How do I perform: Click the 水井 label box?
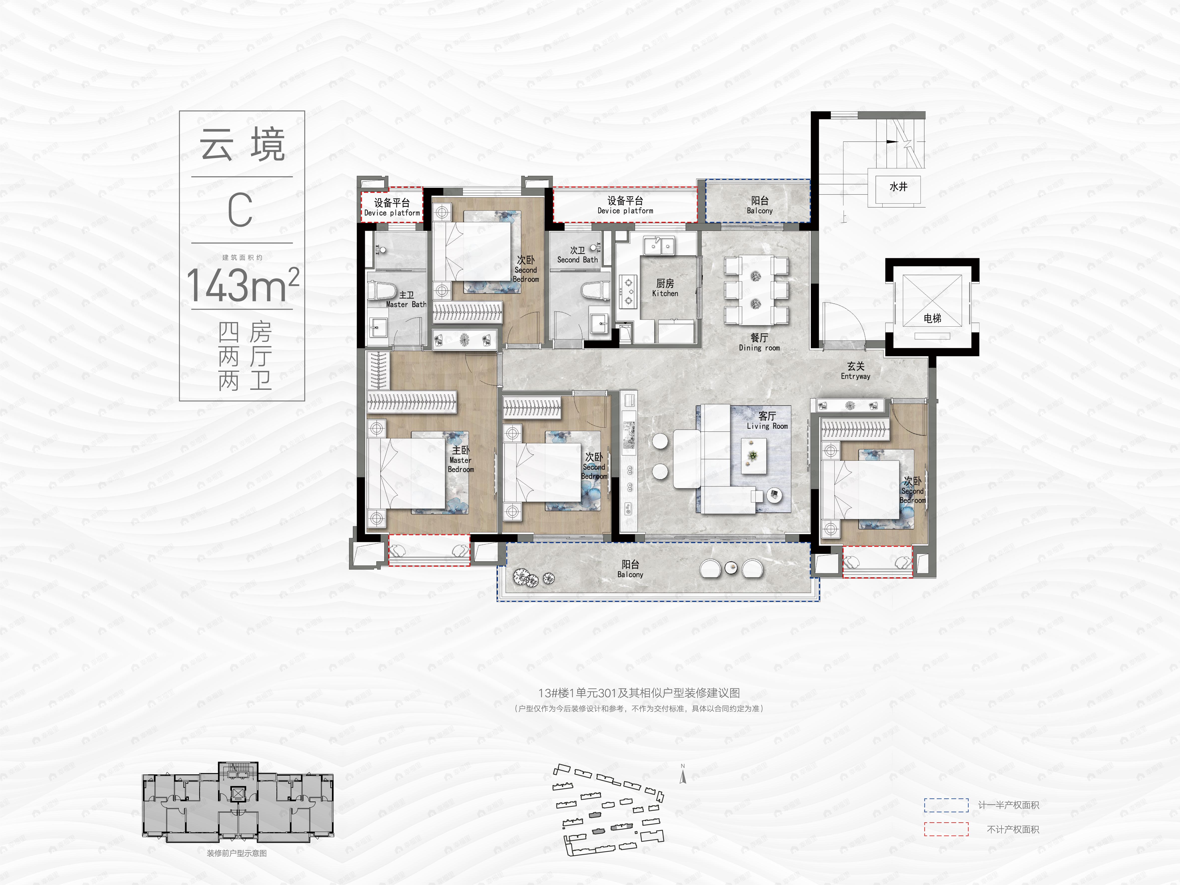point(898,187)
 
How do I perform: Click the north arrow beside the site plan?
point(683,775)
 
